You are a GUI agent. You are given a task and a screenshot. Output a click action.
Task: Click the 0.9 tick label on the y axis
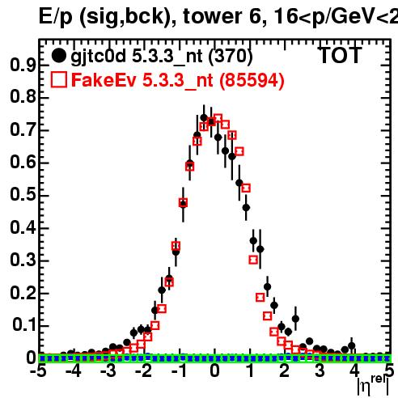coord(23,65)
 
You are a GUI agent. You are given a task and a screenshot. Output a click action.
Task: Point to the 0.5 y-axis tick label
coord(23,194)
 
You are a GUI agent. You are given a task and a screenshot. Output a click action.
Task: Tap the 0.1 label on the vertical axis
coord(24,324)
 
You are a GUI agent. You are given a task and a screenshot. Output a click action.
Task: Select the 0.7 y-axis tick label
coord(23,129)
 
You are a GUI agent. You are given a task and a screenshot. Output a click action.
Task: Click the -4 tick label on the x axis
coord(74,371)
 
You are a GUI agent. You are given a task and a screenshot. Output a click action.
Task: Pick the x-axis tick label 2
coord(284,371)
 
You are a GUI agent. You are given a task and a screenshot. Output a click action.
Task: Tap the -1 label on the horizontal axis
coord(179,371)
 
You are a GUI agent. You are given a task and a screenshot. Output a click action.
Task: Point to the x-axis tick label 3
coord(320,371)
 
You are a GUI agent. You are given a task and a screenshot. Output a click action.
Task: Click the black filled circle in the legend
coord(58,56)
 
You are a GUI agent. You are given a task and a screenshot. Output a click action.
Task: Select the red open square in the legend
coord(59,80)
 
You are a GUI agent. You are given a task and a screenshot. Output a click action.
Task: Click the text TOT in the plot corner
coord(340,55)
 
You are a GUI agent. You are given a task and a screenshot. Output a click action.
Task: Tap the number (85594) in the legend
coord(252,80)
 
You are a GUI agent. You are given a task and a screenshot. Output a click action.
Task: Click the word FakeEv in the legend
coord(104,80)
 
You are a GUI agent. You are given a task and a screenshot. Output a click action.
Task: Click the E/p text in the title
coord(56,17)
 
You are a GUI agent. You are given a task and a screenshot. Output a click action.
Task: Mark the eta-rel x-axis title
coord(373,384)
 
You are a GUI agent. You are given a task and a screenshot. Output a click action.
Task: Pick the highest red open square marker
coord(218,119)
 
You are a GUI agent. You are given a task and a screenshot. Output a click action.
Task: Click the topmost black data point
coord(204,118)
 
